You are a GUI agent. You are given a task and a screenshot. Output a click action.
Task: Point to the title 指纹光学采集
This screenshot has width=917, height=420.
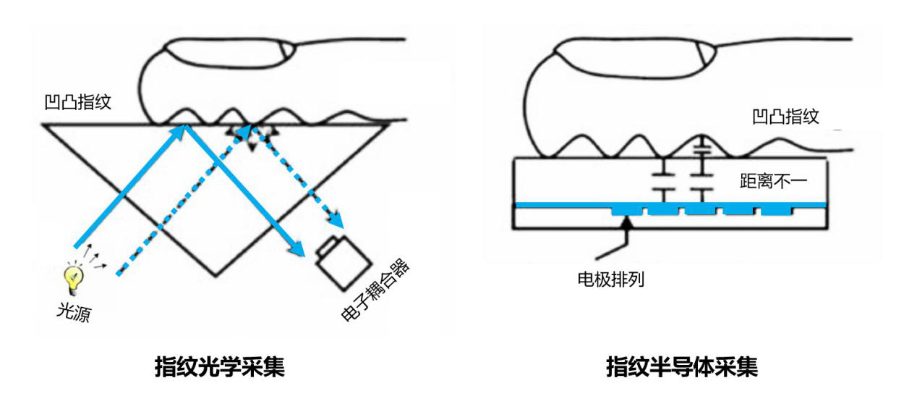click(220, 367)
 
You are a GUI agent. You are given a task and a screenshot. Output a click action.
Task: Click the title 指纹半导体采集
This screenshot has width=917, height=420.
click(681, 367)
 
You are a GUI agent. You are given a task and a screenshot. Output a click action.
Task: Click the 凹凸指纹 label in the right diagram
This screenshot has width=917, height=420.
click(785, 116)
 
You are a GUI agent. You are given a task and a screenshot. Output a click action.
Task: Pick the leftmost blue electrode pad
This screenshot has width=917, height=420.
click(626, 209)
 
